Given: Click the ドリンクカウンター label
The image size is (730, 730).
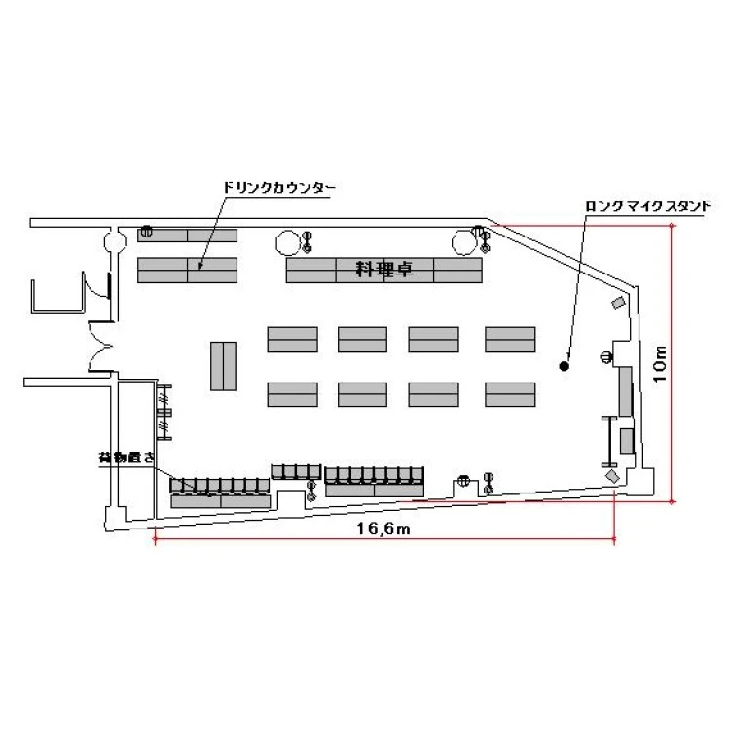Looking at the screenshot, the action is tap(278, 188).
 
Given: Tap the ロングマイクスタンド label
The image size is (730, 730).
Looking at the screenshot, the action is tap(647, 206).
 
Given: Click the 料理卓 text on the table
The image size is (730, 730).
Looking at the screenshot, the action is tap(384, 269).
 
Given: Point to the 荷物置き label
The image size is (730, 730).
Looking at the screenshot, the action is tap(127, 457).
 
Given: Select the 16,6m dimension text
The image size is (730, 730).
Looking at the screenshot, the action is tap(383, 529).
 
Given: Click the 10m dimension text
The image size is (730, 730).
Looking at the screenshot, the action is tap(660, 364).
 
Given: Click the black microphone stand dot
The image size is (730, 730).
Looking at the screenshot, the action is tap(565, 366).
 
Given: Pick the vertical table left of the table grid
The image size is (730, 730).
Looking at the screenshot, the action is tap(223, 366).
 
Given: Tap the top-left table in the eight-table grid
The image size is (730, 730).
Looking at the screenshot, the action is tap(292, 340).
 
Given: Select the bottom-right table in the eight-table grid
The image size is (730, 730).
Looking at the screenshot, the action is tap(510, 394).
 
